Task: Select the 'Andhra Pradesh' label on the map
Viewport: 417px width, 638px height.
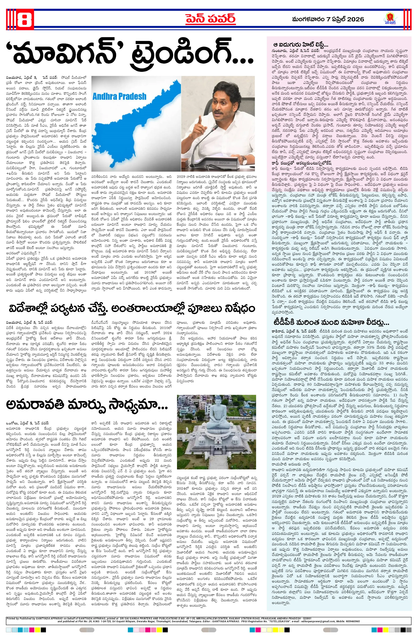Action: (x=119, y=96)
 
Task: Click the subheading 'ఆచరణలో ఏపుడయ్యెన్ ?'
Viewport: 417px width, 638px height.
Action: (x=23, y=253)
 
